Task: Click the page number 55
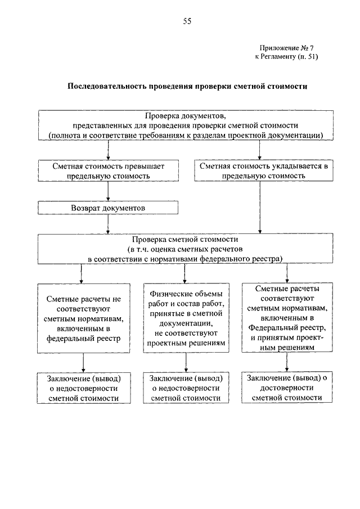(x=187, y=21)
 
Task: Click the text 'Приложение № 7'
(x=287, y=48)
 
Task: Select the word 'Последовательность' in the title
(x=107, y=87)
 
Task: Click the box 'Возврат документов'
(x=108, y=208)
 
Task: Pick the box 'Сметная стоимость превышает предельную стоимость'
(x=109, y=171)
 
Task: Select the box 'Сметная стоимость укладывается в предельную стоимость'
(x=264, y=170)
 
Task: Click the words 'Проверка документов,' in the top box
(x=186, y=115)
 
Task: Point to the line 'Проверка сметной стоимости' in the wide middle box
(x=185, y=240)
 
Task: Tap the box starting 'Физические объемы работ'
(x=186, y=318)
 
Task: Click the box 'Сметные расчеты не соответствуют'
(x=84, y=318)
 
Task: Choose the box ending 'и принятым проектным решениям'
(x=287, y=317)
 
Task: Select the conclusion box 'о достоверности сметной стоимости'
(x=287, y=388)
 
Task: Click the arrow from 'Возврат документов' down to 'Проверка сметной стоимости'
(x=108, y=224)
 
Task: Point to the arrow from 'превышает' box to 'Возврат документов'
(x=108, y=191)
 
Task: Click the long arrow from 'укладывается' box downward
(x=260, y=207)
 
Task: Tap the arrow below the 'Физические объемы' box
(x=186, y=362)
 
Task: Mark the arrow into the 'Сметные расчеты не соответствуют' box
(x=81, y=274)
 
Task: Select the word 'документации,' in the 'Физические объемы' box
(x=186, y=323)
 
